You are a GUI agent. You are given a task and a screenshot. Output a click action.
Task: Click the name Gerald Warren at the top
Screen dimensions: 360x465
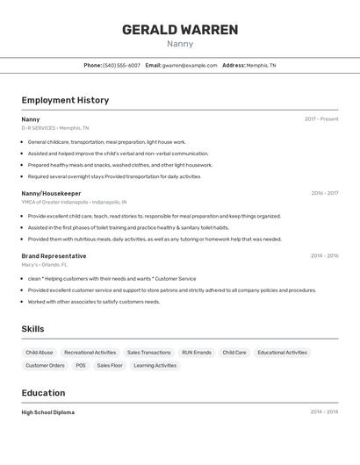click(x=180, y=30)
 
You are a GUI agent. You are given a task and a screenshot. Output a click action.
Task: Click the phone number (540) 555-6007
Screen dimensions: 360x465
click(x=121, y=65)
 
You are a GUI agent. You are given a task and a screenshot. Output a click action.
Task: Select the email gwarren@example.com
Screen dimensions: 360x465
click(x=190, y=65)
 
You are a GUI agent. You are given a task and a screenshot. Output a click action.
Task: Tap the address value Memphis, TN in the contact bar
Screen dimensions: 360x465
click(x=261, y=65)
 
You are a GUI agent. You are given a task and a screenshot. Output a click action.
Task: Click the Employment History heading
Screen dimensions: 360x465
click(x=65, y=100)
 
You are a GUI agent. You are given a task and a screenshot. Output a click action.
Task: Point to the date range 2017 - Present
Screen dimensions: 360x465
click(x=321, y=119)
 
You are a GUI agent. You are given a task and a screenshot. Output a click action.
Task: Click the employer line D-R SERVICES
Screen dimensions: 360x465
click(x=54, y=128)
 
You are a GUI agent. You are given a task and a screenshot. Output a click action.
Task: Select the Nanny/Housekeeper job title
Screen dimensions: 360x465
click(x=51, y=193)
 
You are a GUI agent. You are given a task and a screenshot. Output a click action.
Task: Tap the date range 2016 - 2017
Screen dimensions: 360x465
click(x=324, y=193)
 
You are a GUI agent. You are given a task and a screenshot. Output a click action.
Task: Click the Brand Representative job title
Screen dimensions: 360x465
click(x=54, y=256)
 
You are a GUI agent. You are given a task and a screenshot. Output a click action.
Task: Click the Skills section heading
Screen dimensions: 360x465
click(x=32, y=329)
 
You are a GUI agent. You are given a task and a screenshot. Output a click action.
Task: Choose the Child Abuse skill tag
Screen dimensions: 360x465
click(x=39, y=353)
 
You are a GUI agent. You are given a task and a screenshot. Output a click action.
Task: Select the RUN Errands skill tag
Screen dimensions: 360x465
click(x=197, y=353)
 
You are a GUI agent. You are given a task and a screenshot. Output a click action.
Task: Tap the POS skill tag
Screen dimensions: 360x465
click(x=81, y=366)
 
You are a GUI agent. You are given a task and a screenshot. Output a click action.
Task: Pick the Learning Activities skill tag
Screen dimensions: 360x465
click(x=155, y=366)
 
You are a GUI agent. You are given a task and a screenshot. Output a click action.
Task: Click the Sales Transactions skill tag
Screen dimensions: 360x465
click(x=149, y=353)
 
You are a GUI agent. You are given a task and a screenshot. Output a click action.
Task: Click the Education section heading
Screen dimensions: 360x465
click(x=43, y=393)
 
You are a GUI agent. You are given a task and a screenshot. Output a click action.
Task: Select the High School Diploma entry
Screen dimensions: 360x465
click(x=47, y=412)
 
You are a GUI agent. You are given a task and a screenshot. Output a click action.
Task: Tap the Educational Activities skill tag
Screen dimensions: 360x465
click(x=283, y=353)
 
